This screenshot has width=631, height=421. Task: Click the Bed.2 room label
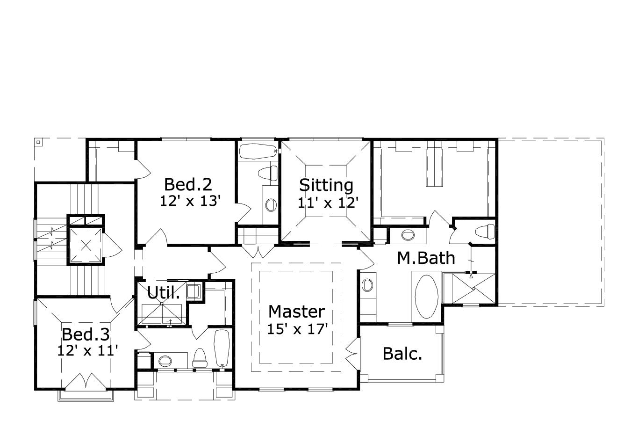click(x=188, y=185)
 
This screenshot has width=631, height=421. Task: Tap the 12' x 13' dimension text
click(x=190, y=201)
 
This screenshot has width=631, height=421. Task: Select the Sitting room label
click(x=326, y=185)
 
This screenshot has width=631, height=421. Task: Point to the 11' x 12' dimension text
click(x=328, y=203)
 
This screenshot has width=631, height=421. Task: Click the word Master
click(x=296, y=312)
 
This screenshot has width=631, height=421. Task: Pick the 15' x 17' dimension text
click(x=296, y=329)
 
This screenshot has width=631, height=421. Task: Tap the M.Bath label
click(x=426, y=258)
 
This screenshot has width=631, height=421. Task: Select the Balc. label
click(x=402, y=354)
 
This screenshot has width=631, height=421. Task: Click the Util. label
click(x=163, y=293)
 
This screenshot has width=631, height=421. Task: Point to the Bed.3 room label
click(x=86, y=334)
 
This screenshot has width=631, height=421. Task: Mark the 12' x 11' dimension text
click(x=87, y=350)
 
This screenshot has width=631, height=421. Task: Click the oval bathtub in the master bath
click(x=426, y=297)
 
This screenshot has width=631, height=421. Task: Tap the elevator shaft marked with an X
click(x=86, y=245)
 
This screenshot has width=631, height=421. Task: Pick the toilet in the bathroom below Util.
click(x=200, y=358)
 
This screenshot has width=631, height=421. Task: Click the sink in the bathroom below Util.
click(x=165, y=361)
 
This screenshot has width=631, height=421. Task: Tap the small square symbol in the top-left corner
click(x=39, y=142)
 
